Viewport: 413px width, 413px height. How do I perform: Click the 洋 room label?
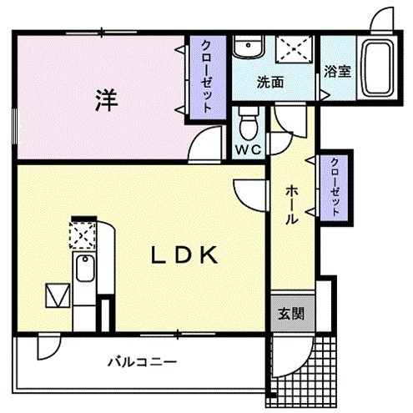pyautogui.click(x=104, y=99)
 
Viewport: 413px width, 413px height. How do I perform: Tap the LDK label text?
pyautogui.click(x=184, y=255)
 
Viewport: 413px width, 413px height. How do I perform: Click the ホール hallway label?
pyautogui.click(x=292, y=204)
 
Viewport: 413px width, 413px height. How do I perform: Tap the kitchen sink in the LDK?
pyautogui.click(x=84, y=270)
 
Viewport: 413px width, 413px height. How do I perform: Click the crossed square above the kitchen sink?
pyautogui.click(x=82, y=237)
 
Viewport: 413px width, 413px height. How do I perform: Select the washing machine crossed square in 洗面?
pyautogui.click(x=294, y=48)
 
